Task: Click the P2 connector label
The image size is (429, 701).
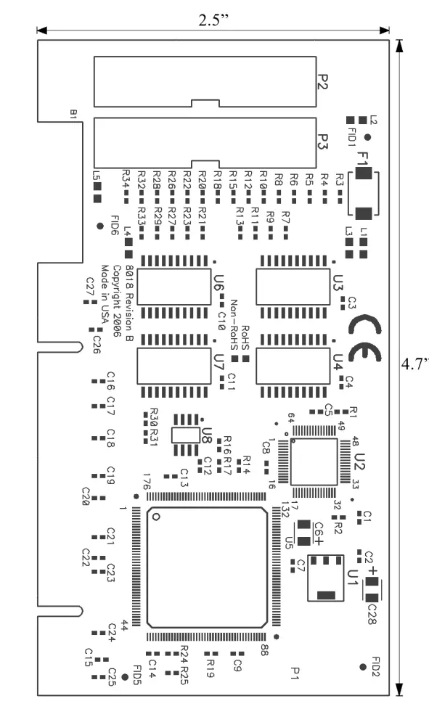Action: tap(324, 82)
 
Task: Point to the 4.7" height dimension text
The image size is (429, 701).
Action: tap(414, 363)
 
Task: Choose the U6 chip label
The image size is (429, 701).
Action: tap(218, 283)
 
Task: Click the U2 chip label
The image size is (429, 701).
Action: tap(359, 462)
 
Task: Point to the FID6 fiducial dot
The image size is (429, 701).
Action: tap(99, 226)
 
